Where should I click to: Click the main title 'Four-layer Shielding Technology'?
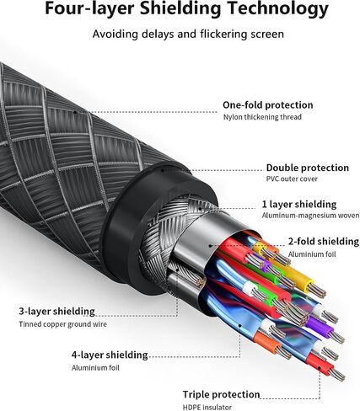click(x=186, y=8)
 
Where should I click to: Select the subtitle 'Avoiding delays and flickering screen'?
click(x=188, y=35)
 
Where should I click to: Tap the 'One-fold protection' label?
click(x=268, y=105)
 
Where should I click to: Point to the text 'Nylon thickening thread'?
click(x=262, y=117)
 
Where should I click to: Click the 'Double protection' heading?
click(x=308, y=168)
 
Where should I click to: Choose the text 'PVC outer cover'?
click(x=292, y=179)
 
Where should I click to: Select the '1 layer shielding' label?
click(x=299, y=205)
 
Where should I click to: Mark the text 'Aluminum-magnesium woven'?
click(x=310, y=216)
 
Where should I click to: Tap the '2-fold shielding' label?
click(x=324, y=242)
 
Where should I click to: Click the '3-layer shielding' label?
click(x=56, y=312)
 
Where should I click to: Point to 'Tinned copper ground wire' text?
click(x=62, y=324)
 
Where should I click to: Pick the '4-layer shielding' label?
click(x=110, y=355)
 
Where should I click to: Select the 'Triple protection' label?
click(x=221, y=394)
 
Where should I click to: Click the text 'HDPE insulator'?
click(x=207, y=407)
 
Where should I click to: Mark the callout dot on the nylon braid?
click(x=75, y=112)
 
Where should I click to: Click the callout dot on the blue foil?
click(x=240, y=326)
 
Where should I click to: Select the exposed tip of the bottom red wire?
click(x=337, y=376)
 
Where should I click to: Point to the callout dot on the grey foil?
click(x=210, y=246)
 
